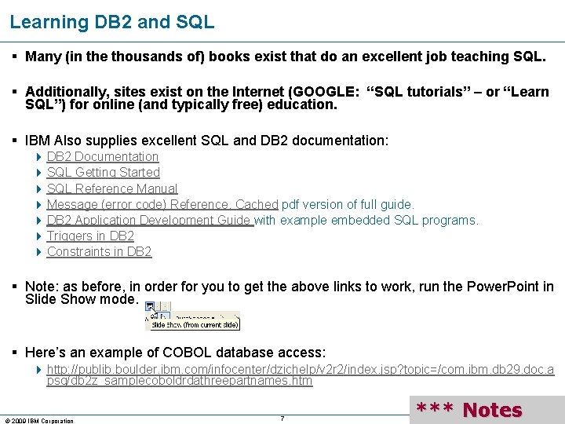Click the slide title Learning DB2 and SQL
(111, 22)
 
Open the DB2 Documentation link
(103, 157)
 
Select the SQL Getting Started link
(104, 173)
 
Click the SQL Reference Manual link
(112, 188)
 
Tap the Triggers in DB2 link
(90, 236)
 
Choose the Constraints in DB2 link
(99, 251)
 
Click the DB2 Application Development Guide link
(149, 220)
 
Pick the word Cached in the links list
(257, 204)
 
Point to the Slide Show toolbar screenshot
(192, 316)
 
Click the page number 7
(282, 418)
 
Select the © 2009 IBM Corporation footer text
(39, 421)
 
